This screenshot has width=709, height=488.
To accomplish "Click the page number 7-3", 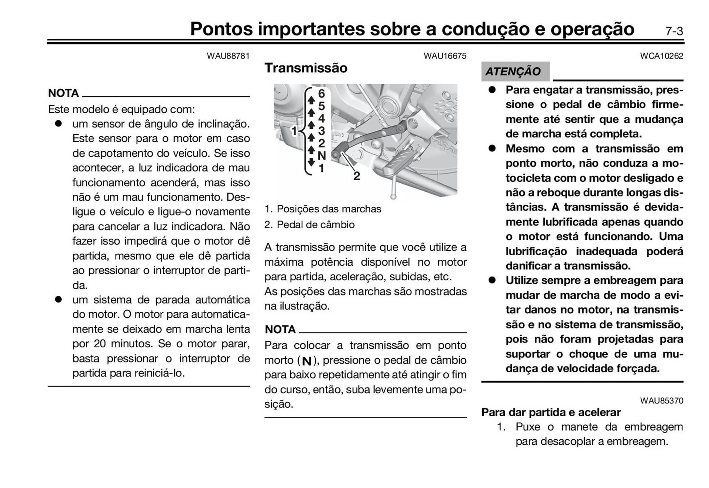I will coord(674,31).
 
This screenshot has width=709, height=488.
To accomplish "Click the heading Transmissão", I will coord(306,68).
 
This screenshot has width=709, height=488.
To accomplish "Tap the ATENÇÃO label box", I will coord(515,71).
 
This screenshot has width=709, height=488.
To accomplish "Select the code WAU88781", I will coord(228,56).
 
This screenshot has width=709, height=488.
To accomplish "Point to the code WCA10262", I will coord(661,56).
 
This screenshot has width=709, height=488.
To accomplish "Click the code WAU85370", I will coord(661,401).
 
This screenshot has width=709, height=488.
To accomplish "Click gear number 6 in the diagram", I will coord(321,93).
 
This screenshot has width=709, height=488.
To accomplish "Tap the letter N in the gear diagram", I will coord(321,156).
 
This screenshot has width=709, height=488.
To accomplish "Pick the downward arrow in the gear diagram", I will coord(311,162).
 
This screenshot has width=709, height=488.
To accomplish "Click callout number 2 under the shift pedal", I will coord(356,176).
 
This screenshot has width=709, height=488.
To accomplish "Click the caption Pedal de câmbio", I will coord(315,225).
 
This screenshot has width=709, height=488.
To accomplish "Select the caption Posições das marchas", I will coord(329,209).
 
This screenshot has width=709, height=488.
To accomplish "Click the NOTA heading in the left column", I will coord(64,93).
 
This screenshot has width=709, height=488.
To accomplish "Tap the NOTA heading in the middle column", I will coord(280,330).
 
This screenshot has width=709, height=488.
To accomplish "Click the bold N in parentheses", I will coord(306,361).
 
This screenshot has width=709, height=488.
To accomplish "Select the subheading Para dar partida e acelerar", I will coord(551,412).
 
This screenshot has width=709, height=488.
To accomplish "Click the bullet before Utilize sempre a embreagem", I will coord(492,280).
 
